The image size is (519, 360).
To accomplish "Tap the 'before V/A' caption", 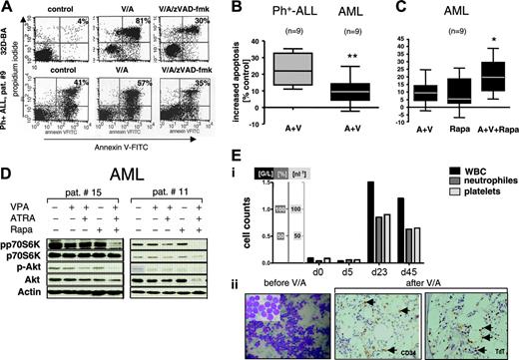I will pos(255,277).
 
